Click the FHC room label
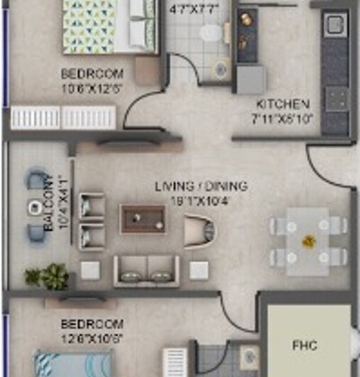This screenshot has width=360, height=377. click(x=304, y=344)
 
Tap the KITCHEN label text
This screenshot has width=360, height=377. click(x=283, y=104)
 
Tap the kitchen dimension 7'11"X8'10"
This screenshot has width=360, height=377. click(x=283, y=118)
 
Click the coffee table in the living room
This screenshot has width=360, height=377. click(x=142, y=219)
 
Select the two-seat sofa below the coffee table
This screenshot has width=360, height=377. click(x=147, y=270)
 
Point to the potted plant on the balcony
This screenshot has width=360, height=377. click(x=49, y=275)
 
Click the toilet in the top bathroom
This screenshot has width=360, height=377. click(x=211, y=33)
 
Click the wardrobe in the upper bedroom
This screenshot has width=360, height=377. click(x=63, y=118)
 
